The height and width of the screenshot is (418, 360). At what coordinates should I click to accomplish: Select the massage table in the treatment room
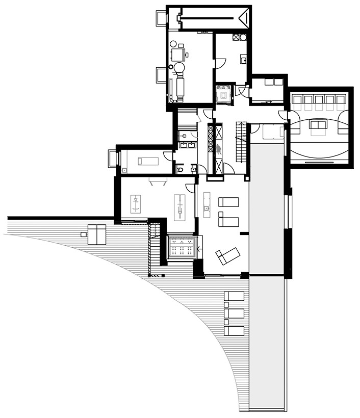(x=147, y=162)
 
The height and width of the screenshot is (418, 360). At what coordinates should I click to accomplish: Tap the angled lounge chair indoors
(x=227, y=254)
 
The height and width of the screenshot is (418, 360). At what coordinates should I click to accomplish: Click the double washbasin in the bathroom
(x=186, y=145)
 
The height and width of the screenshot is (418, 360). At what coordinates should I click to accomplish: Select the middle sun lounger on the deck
(x=235, y=313)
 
